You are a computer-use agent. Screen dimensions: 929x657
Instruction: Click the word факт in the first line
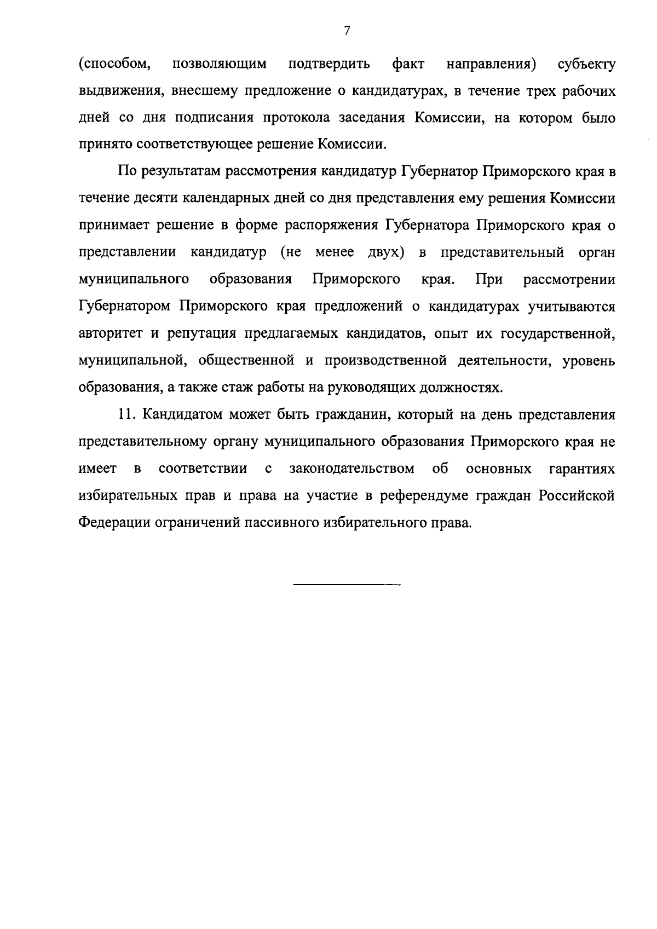click(408, 64)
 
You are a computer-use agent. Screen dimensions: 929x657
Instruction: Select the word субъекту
click(586, 64)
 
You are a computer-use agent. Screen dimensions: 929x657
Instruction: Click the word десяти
click(155, 198)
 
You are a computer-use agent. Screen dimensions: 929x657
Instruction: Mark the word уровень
click(589, 361)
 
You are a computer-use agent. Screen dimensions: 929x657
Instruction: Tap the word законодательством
click(351, 469)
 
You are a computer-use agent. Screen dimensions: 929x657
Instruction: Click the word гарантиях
click(581, 469)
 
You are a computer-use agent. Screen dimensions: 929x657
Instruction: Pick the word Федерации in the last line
click(112, 523)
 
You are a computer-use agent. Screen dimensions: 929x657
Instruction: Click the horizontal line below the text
click(347, 585)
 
